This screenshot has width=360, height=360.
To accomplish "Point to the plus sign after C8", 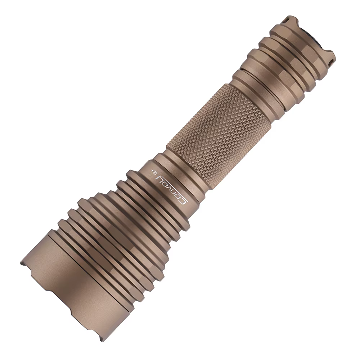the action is [x=152, y=170].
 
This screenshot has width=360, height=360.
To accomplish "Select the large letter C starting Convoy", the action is [x=183, y=199].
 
